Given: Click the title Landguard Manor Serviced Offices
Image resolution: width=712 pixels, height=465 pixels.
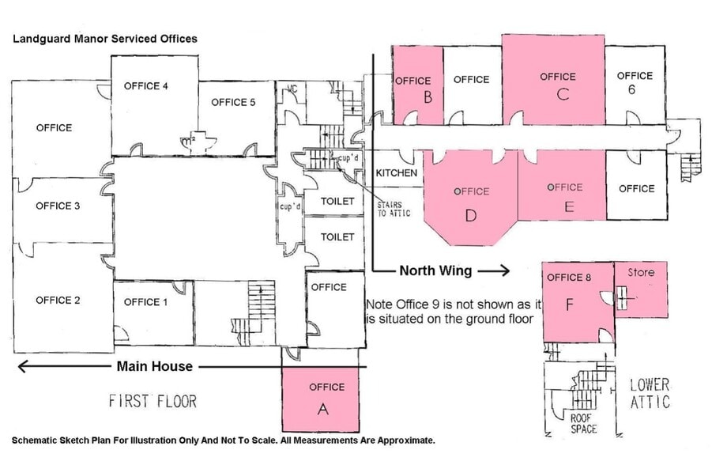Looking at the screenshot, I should tap(104, 38).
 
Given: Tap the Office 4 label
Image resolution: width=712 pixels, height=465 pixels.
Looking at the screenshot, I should tap(146, 86).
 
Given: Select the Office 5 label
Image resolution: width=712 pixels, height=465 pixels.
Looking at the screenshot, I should tap(233, 102).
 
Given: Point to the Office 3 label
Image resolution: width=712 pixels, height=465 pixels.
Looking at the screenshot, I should tap(58, 206).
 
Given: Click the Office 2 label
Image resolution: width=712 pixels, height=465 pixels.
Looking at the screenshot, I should tap(58, 301).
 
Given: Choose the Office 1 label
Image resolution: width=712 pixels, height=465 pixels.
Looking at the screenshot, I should tap(146, 302).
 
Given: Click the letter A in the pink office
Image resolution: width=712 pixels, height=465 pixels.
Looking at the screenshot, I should tap(322, 409).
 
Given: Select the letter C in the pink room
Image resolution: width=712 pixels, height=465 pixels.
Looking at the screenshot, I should tap(563, 95).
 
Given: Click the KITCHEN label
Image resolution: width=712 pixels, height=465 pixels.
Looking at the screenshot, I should tap(397, 173).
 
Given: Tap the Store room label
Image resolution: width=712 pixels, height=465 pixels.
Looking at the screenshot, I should tap(641, 273).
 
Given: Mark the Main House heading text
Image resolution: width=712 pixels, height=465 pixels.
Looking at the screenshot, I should tap(154, 366).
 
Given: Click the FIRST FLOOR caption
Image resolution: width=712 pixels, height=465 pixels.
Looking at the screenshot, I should tap(153, 402).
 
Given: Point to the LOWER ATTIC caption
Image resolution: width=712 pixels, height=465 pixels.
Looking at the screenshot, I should tap(650, 393).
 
